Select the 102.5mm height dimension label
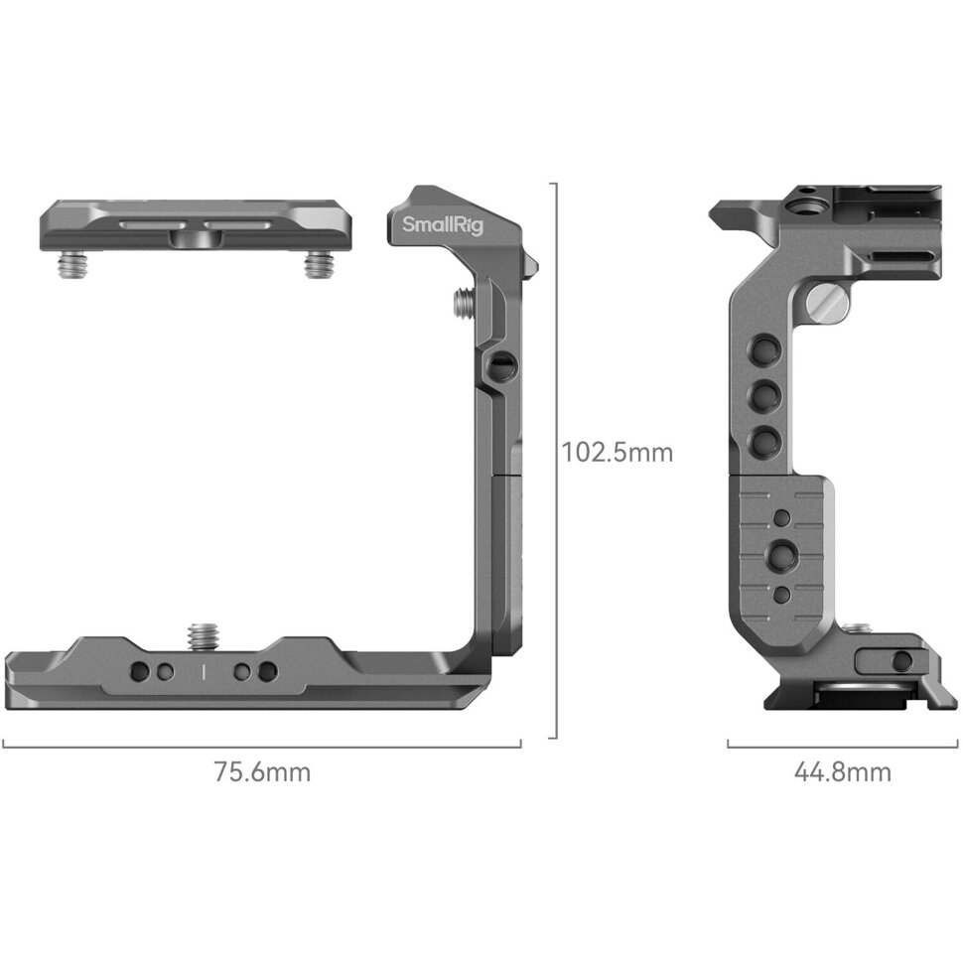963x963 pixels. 618,453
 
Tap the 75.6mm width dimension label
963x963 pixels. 261,771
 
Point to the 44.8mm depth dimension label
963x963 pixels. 842,771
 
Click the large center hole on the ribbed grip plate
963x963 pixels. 783,553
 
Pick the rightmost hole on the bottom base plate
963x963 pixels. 265,672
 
